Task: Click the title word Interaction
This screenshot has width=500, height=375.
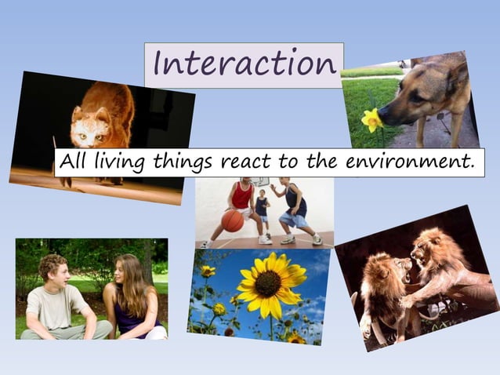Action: [x=244, y=64]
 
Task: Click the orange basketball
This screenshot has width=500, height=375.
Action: [x=232, y=220]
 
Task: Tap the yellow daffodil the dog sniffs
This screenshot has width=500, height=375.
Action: [x=372, y=118]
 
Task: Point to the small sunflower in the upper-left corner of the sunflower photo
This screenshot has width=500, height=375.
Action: [x=207, y=271]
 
